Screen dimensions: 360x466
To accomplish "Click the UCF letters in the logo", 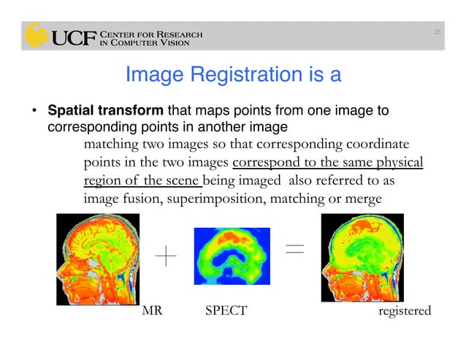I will tap(72, 37).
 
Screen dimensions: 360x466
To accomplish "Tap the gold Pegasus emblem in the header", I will tap(36, 35).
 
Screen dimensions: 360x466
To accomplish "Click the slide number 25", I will tap(437, 31).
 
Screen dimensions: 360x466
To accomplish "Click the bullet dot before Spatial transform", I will tap(34, 112).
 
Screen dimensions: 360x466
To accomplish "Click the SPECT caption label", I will tap(226, 311).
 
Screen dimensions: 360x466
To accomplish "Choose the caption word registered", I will tap(405, 311).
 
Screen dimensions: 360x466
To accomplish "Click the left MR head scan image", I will tap(97, 259).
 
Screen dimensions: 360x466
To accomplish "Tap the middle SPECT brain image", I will tap(231, 256).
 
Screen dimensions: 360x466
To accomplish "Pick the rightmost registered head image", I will tap(363, 258).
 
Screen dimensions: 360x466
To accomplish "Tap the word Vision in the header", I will tap(176, 42).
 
